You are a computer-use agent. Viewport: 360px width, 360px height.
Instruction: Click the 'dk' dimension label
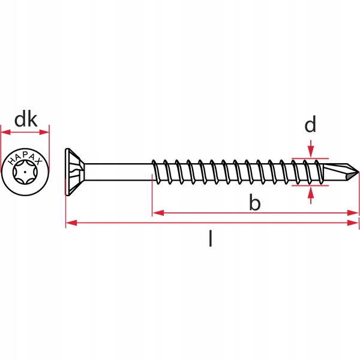[x=26, y=119]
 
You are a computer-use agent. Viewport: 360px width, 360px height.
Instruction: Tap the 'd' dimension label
[x=310, y=124]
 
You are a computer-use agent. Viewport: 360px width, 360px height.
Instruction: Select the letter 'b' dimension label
[x=255, y=202]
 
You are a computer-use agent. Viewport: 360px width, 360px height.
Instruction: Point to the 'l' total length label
[x=211, y=239]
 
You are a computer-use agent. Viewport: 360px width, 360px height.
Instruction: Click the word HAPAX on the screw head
[x=25, y=159]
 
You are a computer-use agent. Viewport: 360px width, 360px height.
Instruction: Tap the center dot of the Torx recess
[x=25, y=172]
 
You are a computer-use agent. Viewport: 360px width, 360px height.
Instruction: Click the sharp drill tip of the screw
[x=358, y=172]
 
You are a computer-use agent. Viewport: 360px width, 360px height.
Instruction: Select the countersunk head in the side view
[x=75, y=172]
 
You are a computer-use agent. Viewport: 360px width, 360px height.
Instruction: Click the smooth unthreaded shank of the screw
[x=118, y=172]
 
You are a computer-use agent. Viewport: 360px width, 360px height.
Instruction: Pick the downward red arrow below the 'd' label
[x=311, y=149]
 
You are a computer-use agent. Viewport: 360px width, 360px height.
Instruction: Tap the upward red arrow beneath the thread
[x=311, y=196]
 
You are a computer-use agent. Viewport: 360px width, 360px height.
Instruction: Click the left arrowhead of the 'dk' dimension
[x=5, y=132]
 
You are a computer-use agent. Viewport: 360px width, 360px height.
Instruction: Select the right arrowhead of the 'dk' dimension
[x=44, y=132]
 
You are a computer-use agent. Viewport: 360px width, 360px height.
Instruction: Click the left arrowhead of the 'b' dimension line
[x=158, y=213]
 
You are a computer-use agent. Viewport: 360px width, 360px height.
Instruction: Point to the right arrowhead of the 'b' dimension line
[x=353, y=213]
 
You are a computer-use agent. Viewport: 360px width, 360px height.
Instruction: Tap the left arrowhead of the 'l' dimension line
[x=71, y=223]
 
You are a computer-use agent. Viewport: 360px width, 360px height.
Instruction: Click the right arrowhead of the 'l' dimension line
[x=353, y=223]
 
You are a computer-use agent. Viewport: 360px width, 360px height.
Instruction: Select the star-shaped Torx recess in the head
[x=25, y=172]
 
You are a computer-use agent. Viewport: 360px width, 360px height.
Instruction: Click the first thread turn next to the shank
[x=155, y=172]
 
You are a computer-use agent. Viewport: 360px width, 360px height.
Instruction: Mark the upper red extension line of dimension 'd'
[x=310, y=158]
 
